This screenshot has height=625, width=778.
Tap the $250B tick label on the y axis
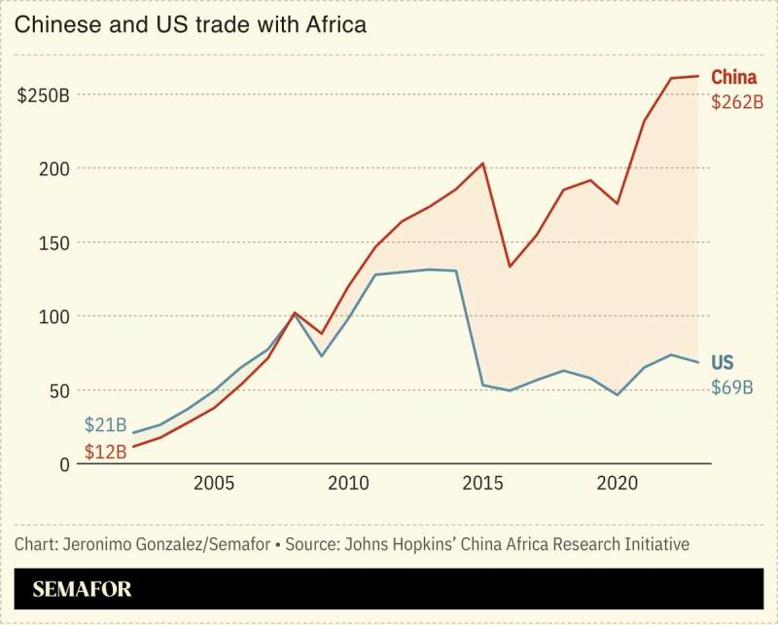44,94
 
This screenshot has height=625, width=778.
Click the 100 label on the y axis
54,316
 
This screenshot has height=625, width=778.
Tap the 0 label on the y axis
64,464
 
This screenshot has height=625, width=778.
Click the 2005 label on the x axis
213,484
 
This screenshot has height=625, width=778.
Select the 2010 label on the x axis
347,484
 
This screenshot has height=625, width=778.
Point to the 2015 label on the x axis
482,484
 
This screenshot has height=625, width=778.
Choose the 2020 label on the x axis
617,484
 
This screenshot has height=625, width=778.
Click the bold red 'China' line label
734,77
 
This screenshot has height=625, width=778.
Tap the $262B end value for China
736,101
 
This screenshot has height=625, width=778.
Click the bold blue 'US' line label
723,362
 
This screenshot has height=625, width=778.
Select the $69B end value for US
732,387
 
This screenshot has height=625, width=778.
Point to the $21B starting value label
105,424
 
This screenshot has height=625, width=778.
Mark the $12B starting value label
105,452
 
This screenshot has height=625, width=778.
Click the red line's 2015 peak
483,164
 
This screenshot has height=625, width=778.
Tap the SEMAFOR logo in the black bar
82,589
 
